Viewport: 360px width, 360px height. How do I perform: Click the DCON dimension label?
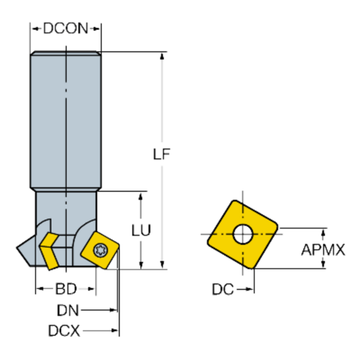pos(65,29)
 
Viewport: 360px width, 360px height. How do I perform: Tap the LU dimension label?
pos(141,230)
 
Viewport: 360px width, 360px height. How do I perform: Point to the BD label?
pos(65,288)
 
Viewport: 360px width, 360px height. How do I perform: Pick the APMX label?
pos(324,249)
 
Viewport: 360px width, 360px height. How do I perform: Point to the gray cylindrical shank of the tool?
pos(65,118)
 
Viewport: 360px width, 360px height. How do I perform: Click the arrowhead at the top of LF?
pos(162,56)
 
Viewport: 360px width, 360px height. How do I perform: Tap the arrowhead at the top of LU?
pos(141,196)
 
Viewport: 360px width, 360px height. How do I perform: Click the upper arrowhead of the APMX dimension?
pos(323,232)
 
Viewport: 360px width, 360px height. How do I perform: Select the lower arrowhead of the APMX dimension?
pos(323,264)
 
